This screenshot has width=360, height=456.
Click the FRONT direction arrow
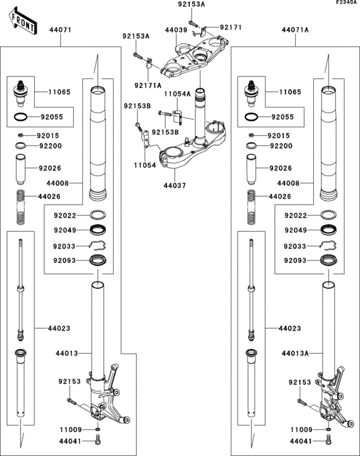point(22,21)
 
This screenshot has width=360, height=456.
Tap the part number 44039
point(176,30)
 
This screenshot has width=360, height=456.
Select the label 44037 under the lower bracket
point(174,185)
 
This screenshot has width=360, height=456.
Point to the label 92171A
point(148,86)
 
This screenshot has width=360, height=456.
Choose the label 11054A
point(177,94)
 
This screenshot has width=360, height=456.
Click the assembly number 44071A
point(295,30)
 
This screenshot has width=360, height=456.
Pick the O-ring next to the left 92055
point(21,117)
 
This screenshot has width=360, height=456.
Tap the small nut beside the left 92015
point(21,135)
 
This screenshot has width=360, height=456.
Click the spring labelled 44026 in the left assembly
point(20,206)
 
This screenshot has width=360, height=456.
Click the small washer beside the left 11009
point(98,429)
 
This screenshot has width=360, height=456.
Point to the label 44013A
point(295,353)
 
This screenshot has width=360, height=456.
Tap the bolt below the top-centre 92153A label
point(193,23)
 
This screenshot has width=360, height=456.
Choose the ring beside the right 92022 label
point(328,215)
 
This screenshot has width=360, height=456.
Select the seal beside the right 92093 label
point(328,260)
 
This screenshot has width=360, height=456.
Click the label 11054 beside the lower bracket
point(145,165)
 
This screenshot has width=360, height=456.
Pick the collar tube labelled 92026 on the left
point(21,170)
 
